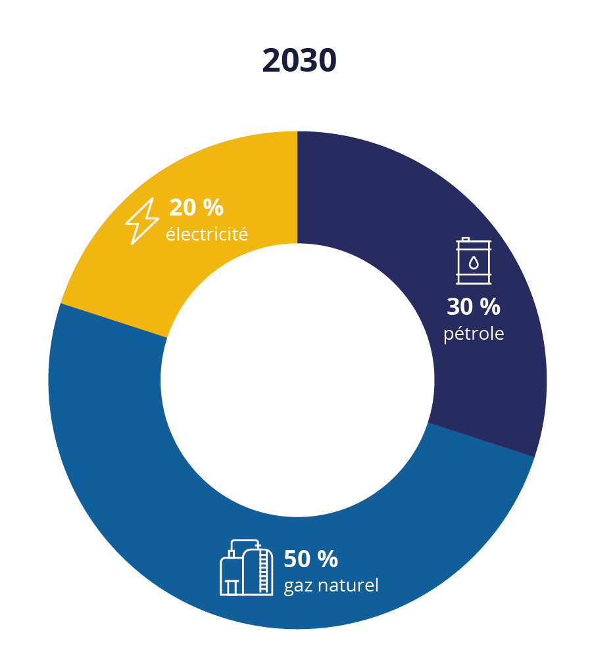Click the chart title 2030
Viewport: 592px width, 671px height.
299,61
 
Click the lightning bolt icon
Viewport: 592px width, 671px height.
142,221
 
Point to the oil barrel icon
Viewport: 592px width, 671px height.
474,262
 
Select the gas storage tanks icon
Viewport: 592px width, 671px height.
246,568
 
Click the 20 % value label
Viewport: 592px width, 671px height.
196,208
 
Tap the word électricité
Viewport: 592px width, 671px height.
207,234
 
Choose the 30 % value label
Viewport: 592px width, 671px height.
474,307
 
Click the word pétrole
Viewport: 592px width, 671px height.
474,334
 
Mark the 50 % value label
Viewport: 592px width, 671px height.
310,559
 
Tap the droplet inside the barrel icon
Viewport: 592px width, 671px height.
474,263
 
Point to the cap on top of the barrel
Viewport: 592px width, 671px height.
466,239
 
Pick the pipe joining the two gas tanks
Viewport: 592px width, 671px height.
245,542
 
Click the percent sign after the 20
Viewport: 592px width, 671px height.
213,208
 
